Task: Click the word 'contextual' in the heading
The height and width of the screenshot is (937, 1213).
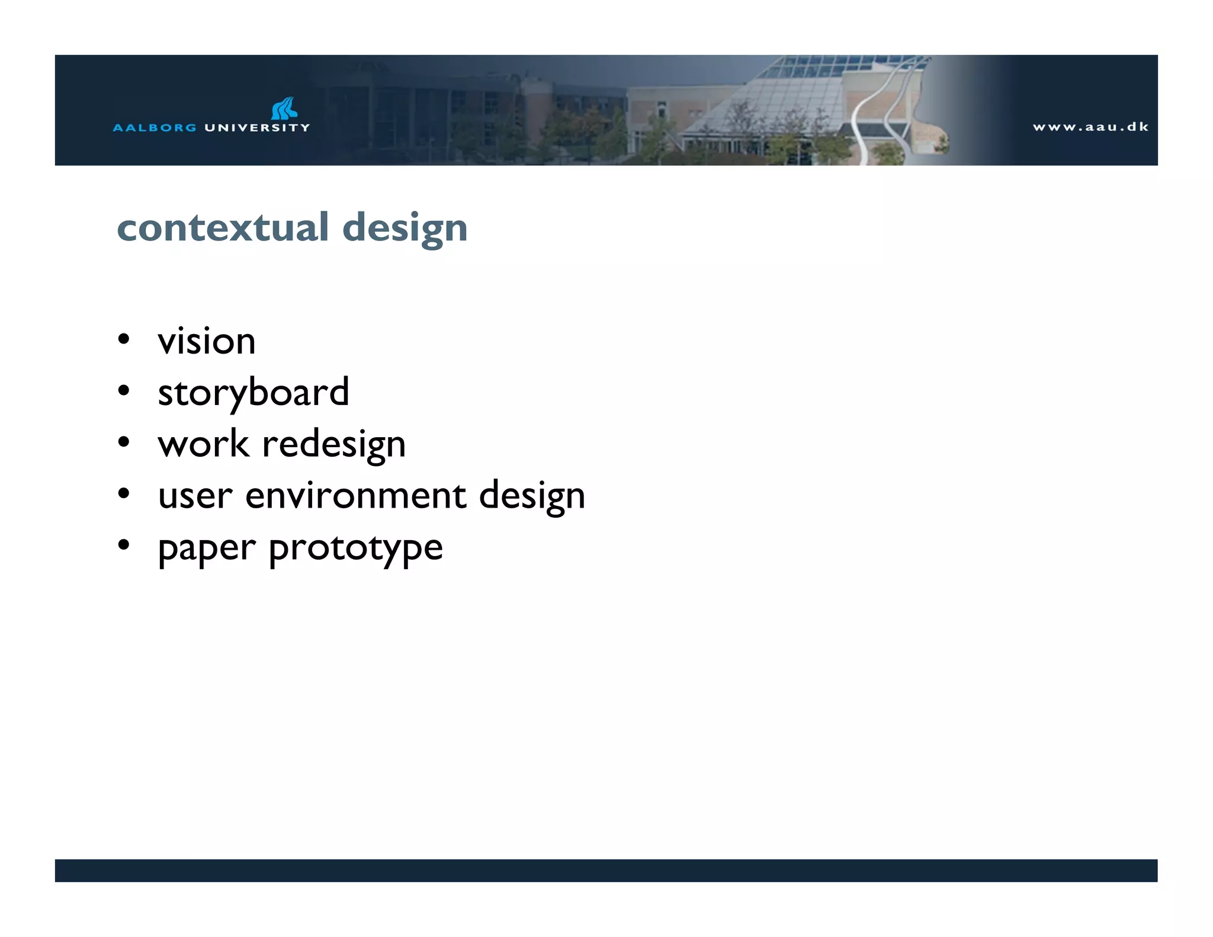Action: pyautogui.click(x=223, y=227)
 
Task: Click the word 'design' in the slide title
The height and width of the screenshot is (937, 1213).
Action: pyautogui.click(x=405, y=229)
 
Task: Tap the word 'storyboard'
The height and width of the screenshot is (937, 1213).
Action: pyautogui.click(x=253, y=393)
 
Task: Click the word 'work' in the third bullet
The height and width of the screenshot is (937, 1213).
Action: pyautogui.click(x=203, y=444)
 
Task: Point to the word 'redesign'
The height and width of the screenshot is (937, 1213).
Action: pyautogui.click(x=334, y=445)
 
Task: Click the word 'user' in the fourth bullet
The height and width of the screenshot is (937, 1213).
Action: pyautogui.click(x=195, y=496)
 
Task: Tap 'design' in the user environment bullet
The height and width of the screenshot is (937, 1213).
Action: pyautogui.click(x=532, y=496)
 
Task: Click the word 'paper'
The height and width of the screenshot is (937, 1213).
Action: pyautogui.click(x=207, y=548)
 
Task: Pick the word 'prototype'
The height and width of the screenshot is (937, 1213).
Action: pyautogui.click(x=356, y=548)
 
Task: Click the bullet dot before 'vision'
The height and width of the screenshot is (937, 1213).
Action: pyautogui.click(x=123, y=339)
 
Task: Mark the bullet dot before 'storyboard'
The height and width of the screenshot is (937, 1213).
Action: pyautogui.click(x=123, y=391)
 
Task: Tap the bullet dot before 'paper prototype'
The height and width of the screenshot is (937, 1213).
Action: pyautogui.click(x=123, y=545)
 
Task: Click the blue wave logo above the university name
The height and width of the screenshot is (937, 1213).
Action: pyautogui.click(x=284, y=108)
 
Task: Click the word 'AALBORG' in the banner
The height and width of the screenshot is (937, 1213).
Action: pyautogui.click(x=155, y=127)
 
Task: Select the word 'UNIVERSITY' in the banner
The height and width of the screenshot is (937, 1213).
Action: pyautogui.click(x=257, y=127)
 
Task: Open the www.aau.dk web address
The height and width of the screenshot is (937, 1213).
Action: pyautogui.click(x=1090, y=127)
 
